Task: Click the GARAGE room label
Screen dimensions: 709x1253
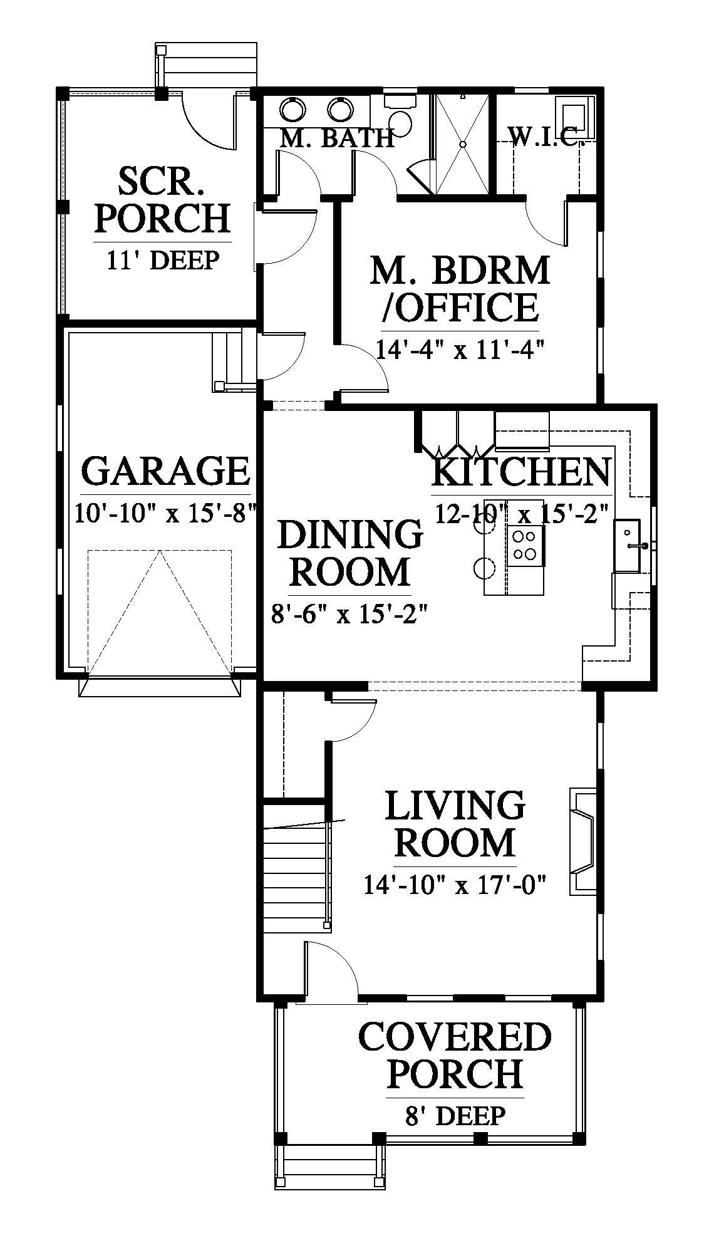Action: tap(165, 472)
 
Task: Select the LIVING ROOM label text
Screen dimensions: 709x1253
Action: tap(455, 824)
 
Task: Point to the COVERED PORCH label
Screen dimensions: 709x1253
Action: tap(455, 1055)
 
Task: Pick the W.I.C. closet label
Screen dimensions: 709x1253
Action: tap(544, 137)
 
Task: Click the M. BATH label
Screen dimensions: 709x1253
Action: tap(336, 138)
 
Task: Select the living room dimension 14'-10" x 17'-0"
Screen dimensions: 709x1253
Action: tap(455, 885)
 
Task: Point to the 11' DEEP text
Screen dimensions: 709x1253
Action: tap(163, 259)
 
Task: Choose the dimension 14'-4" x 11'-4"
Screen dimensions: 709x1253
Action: tap(458, 348)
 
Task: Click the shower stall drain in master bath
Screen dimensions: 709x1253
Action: tap(463, 144)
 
